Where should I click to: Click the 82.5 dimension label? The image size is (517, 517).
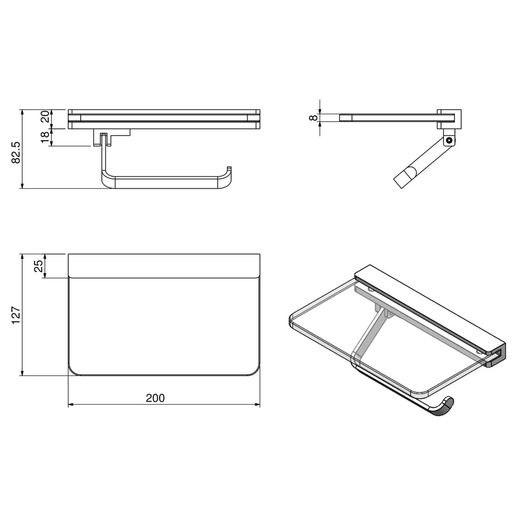tap(16, 153)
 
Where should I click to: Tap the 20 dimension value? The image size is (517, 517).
tap(45, 117)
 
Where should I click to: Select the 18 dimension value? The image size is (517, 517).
tap(45, 137)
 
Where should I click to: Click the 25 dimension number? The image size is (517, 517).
tap(39, 266)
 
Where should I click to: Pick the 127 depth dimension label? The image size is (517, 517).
tap(16, 315)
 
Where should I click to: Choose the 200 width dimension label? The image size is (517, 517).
tap(155, 398)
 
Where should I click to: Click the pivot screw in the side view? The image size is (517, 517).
tap(448, 141)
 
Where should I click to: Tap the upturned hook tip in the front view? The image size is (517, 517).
tap(229, 169)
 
